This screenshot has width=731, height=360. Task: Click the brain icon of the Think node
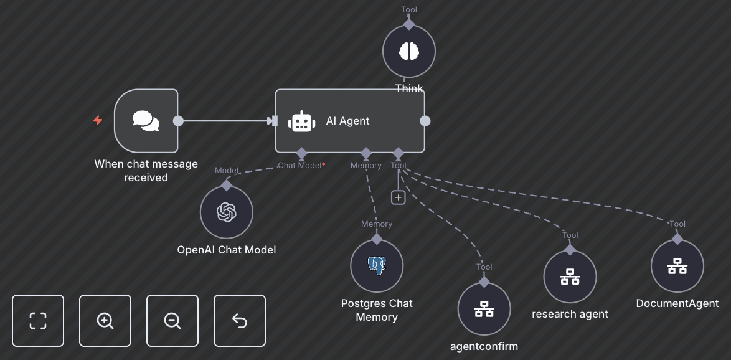[x=408, y=51]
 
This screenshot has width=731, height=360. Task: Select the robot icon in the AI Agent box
[x=302, y=121]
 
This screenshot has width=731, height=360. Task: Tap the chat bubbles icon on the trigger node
[x=146, y=121]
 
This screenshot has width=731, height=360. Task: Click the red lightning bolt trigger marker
[x=98, y=120]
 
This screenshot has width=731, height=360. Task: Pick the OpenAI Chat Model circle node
[x=227, y=212]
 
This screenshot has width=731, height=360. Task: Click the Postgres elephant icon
[x=377, y=266]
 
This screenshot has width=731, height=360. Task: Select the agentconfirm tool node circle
[x=484, y=309]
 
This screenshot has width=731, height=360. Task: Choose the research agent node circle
[x=570, y=277]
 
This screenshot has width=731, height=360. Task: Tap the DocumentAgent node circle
[x=677, y=266]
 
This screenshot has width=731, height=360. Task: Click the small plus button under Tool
[x=399, y=197]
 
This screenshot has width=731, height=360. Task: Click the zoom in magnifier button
[x=105, y=320]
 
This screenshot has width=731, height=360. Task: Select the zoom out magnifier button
[x=172, y=320]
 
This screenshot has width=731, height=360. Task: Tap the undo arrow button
[x=240, y=320]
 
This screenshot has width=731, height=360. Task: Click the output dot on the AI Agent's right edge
[x=425, y=121]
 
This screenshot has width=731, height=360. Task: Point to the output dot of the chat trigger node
[x=178, y=121]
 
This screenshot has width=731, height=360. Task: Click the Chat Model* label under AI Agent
[x=301, y=166]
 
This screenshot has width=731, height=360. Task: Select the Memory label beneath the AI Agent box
[x=366, y=166]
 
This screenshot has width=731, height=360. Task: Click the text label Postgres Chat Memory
[x=377, y=310]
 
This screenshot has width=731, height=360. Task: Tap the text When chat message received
[x=146, y=171]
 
